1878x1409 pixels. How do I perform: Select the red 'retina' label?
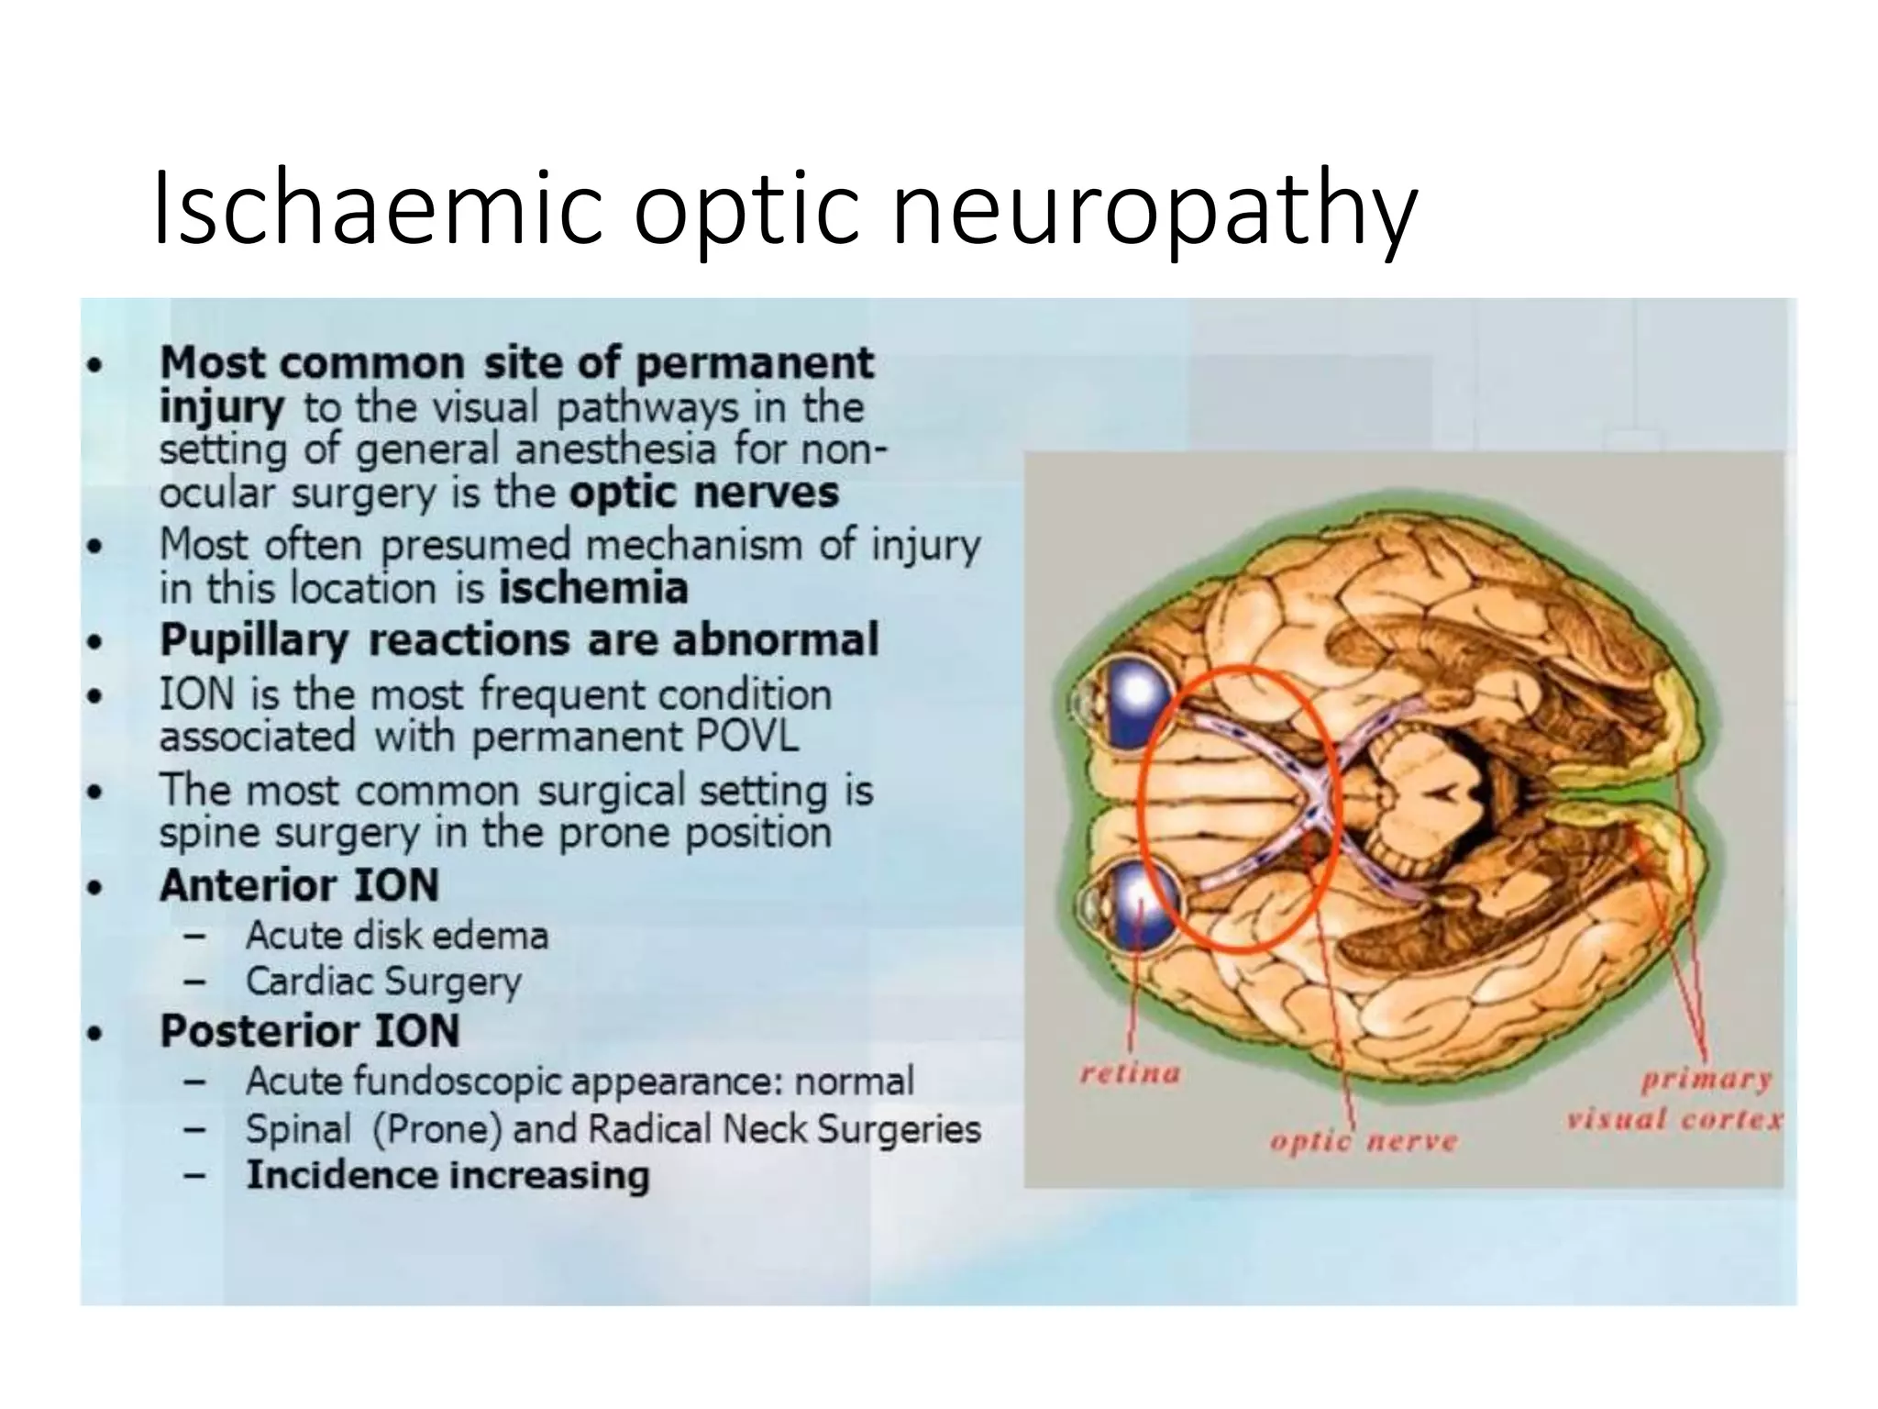tap(1130, 1073)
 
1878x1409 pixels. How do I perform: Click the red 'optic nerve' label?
tap(1364, 1142)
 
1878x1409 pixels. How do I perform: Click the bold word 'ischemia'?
tap(593, 588)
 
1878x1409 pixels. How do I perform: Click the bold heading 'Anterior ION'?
tap(299, 885)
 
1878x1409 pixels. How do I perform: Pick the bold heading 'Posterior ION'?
tap(310, 1031)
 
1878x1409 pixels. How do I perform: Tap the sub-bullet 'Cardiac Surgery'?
tap(383, 982)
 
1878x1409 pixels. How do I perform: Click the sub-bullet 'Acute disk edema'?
tap(397, 936)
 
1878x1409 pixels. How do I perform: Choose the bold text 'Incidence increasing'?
tap(447, 1175)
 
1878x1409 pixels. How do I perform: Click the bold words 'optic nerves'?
tap(703, 493)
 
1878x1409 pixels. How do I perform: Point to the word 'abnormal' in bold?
tap(776, 639)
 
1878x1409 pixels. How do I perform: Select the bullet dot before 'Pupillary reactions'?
tap(93, 642)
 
